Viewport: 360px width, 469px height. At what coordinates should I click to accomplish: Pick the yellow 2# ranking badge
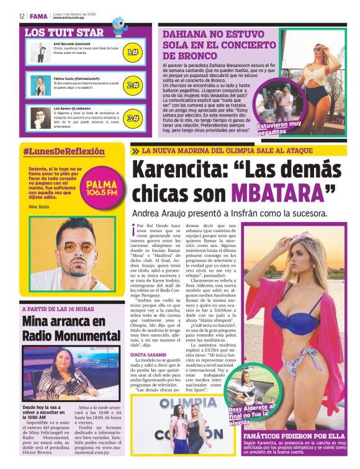point(133,85)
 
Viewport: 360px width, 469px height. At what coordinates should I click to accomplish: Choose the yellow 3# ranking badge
point(133,118)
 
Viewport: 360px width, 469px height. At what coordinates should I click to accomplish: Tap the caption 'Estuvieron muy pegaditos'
point(281,128)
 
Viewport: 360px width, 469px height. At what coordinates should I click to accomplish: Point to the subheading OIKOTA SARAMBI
point(148,354)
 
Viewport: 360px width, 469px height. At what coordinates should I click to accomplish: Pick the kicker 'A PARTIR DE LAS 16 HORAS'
point(58,309)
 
